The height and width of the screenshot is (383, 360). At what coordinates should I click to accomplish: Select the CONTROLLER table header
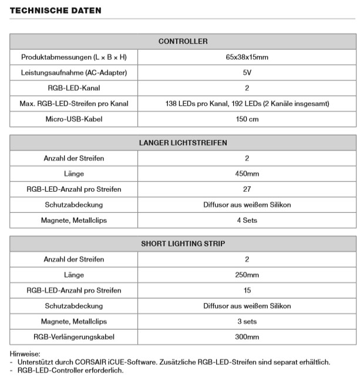(183, 41)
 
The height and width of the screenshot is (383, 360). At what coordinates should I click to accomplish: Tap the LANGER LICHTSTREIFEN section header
(183, 143)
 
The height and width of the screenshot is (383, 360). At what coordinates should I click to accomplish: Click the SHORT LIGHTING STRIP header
(183, 243)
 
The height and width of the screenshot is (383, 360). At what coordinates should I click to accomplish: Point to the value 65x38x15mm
(247, 57)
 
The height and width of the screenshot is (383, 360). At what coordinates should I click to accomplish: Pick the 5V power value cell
(247, 73)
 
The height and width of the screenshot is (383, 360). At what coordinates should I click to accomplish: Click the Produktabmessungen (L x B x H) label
(74, 57)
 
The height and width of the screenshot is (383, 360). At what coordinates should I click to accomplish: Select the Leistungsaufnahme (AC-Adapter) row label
(74, 73)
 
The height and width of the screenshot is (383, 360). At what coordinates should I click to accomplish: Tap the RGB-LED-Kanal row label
(74, 88)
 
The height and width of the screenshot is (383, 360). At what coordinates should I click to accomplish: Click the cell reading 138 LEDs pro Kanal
(247, 104)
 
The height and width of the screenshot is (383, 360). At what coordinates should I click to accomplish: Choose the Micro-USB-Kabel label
(74, 119)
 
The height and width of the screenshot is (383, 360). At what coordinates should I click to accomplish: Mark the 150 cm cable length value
(247, 119)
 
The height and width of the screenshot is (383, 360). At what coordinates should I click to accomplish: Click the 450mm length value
(247, 174)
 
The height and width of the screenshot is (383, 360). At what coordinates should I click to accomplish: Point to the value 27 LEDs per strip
(247, 189)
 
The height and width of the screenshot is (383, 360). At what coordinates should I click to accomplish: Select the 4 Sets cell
(247, 221)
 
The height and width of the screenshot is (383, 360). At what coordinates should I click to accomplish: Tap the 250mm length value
(247, 274)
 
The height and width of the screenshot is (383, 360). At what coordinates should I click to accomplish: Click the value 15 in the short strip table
(247, 290)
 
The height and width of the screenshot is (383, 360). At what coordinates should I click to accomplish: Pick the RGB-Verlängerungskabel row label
(74, 337)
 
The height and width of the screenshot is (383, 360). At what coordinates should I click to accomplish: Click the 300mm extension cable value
(247, 337)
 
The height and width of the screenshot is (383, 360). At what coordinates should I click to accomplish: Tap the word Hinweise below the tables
(25, 354)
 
